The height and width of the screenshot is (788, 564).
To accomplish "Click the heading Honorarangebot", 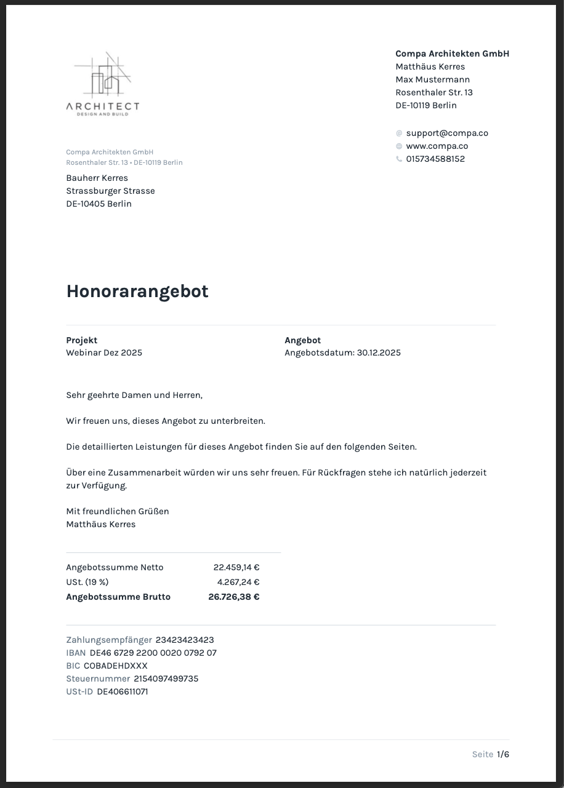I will click(137, 291).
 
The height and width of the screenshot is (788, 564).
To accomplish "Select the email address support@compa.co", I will click(447, 133).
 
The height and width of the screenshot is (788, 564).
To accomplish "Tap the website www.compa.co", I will click(437, 146).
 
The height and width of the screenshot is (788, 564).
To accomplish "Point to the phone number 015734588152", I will click(435, 159).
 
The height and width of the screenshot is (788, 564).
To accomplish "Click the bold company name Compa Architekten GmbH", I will click(452, 54).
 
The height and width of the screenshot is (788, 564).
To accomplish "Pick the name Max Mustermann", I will click(432, 79).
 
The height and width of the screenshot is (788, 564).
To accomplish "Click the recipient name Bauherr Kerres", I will click(97, 178).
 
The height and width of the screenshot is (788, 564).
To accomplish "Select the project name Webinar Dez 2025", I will click(104, 352).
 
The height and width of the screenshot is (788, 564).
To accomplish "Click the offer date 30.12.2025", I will click(379, 352).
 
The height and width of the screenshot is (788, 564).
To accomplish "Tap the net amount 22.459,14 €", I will click(236, 567).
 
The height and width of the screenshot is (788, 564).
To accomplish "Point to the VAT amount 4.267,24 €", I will click(238, 582).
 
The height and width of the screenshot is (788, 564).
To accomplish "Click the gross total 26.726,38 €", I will click(234, 597).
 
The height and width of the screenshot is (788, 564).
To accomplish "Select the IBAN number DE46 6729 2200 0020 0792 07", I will click(153, 653).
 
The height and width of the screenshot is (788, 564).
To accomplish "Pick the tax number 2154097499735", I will click(166, 679).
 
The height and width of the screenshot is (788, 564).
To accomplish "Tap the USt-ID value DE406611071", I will click(123, 691).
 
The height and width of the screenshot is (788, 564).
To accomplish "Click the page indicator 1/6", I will click(503, 754).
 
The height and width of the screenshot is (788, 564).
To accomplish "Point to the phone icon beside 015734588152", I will click(399, 159).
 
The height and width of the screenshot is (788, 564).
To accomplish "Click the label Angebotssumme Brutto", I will click(118, 597).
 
